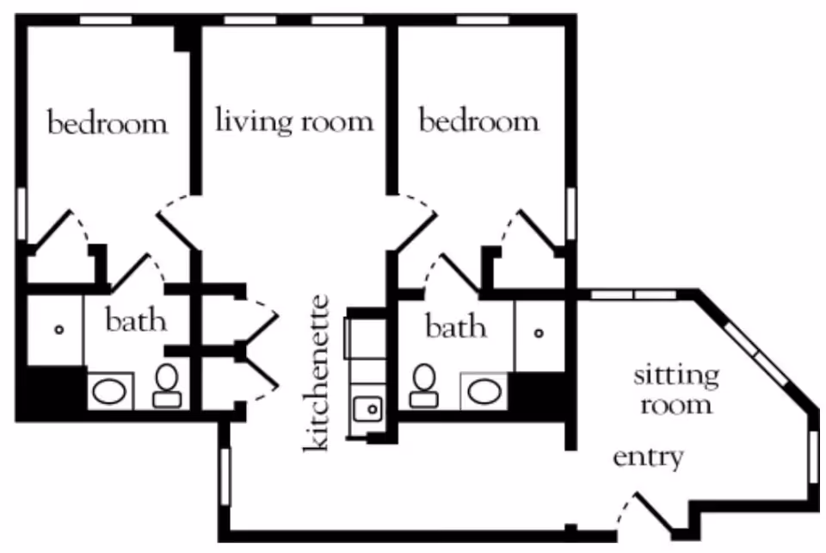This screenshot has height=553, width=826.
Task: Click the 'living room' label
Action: [x=294, y=121]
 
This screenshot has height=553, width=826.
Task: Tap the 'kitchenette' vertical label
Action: [x=316, y=373]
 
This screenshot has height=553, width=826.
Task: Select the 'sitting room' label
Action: [x=676, y=390]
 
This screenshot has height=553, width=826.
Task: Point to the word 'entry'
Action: [x=649, y=457]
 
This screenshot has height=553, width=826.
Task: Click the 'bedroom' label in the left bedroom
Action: [x=108, y=122]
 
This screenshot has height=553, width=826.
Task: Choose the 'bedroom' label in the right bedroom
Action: [x=479, y=121]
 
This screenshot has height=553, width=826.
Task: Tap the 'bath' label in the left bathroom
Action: [x=136, y=320]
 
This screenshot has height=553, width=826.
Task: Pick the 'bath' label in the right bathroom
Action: [x=456, y=326]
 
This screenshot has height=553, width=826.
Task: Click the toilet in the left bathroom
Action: [x=168, y=386]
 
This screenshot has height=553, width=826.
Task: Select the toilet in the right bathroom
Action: [x=424, y=386]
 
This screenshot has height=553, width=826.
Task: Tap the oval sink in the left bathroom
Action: [x=109, y=392]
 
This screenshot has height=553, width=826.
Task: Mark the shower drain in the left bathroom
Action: [x=59, y=330]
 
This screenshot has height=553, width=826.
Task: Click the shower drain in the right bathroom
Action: [x=539, y=333]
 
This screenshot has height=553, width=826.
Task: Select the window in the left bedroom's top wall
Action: [x=105, y=20]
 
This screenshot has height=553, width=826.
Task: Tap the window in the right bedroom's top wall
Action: [x=483, y=20]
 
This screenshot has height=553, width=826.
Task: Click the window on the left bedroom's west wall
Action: [x=21, y=214]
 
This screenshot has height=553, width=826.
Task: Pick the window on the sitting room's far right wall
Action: [x=814, y=457]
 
